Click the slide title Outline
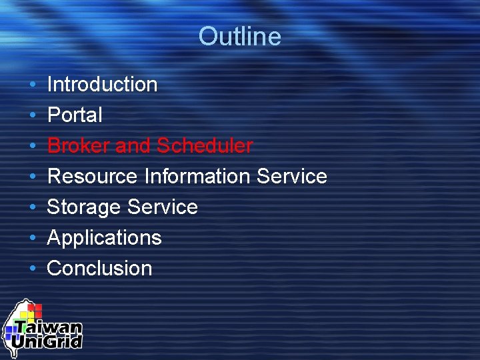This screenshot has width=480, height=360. click(x=239, y=36)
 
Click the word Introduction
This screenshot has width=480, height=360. click(x=102, y=85)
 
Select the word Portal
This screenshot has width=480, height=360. click(x=75, y=115)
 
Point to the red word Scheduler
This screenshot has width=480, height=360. click(x=205, y=146)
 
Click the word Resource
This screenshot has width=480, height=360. click(x=93, y=177)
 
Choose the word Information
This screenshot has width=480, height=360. click(x=197, y=177)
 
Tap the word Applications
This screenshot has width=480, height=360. click(x=104, y=238)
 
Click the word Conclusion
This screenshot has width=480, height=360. click(x=99, y=269)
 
